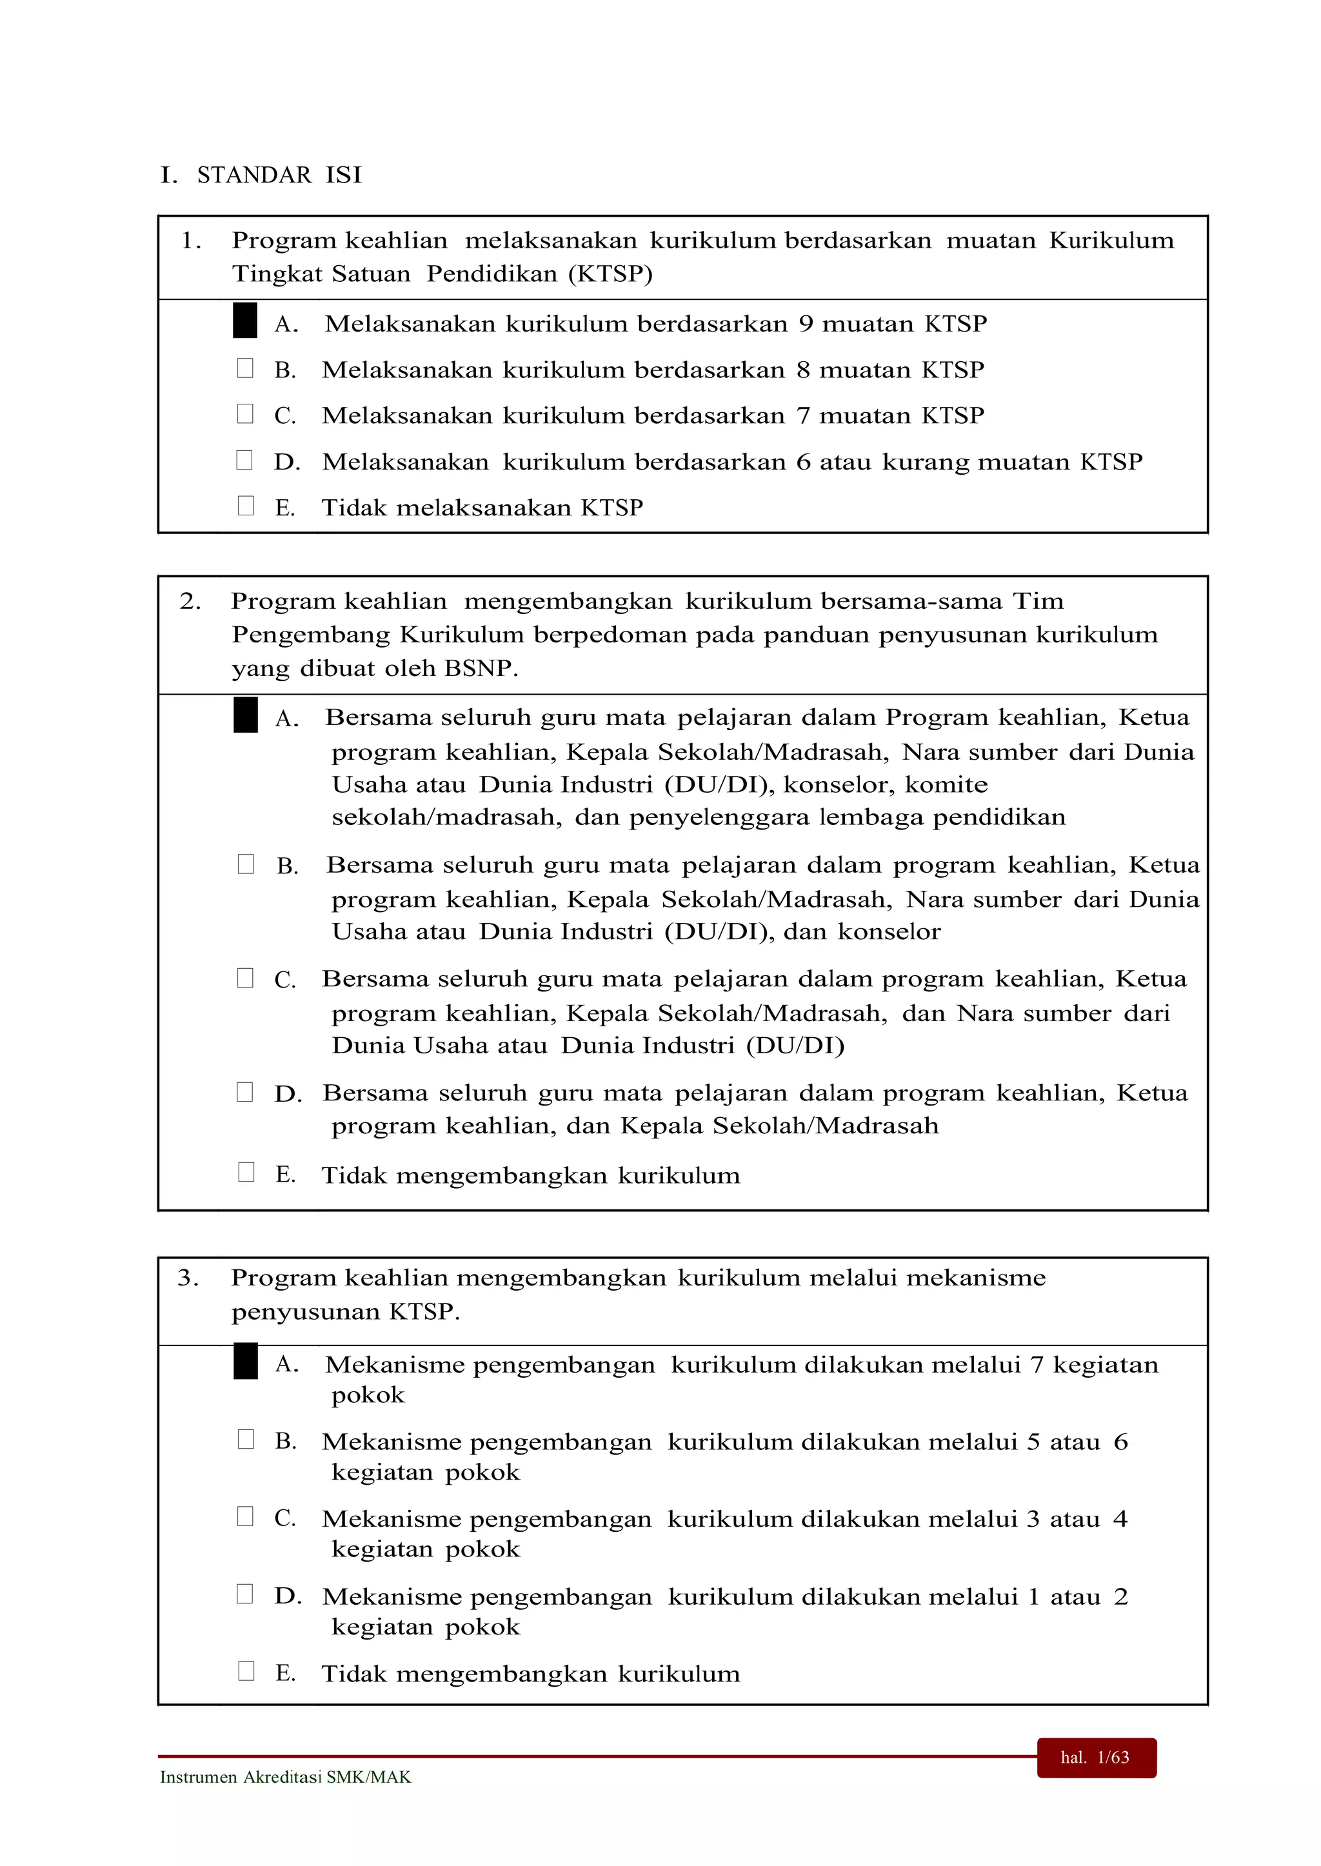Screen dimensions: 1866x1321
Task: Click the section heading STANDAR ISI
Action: point(279,175)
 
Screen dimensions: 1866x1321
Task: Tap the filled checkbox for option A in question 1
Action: point(245,321)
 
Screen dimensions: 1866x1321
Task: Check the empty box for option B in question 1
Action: point(245,368)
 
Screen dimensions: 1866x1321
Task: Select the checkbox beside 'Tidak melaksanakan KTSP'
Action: point(245,506)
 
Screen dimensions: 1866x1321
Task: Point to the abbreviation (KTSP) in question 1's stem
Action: point(610,274)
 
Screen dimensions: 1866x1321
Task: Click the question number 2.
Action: point(190,601)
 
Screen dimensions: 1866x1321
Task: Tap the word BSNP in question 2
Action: point(480,669)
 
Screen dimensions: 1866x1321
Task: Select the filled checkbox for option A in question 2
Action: point(245,715)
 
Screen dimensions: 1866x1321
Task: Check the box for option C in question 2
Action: point(245,978)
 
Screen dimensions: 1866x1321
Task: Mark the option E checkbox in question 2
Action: point(246,1171)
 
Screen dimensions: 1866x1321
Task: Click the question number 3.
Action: point(188,1278)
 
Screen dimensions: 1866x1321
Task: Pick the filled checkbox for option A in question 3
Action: point(245,1362)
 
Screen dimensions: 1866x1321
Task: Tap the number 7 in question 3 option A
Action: point(1037,1365)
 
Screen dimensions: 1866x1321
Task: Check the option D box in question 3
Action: point(245,1594)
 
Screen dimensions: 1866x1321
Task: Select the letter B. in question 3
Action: point(286,1442)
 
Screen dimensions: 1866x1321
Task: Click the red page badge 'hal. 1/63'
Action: point(1096,1758)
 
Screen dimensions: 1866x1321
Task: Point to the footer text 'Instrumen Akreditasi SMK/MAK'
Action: point(286,1778)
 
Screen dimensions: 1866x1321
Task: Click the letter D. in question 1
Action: point(287,462)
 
